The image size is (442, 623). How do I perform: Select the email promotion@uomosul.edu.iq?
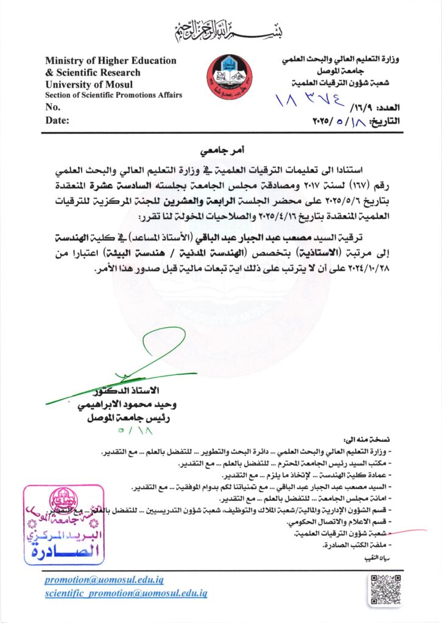(x=104, y=580)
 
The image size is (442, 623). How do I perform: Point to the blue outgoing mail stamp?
(x=52, y=525)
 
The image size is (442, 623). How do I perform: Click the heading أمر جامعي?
(x=220, y=148)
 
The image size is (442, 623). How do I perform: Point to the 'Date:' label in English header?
(x=57, y=120)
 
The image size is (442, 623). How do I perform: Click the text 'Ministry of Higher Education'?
(x=111, y=61)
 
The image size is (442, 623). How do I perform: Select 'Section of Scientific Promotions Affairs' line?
(x=113, y=96)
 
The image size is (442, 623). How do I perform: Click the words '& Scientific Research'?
(x=93, y=72)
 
